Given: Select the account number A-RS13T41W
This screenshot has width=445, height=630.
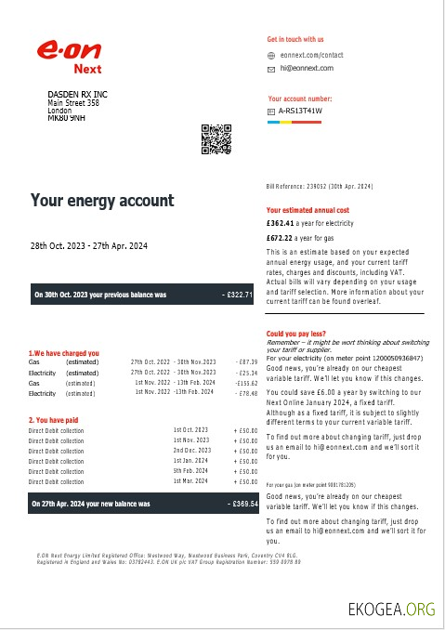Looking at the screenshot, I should point(301,111).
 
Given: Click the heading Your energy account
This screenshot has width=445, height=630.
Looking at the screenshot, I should point(102,201).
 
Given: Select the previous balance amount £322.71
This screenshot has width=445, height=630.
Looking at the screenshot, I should point(239,295).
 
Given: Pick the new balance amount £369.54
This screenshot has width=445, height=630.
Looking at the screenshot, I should point(242,505).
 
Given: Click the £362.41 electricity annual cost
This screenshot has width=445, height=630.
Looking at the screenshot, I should point(282,223).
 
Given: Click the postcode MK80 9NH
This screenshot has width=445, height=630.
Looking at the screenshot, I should point(66,119).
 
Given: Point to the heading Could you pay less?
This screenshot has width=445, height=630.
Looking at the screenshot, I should point(294,333).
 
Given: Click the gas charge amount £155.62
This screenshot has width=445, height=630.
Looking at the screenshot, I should point(246,383).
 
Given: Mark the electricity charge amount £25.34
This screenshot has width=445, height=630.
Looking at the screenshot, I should point(247,372).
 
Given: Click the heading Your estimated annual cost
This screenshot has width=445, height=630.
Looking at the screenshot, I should point(307,210).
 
